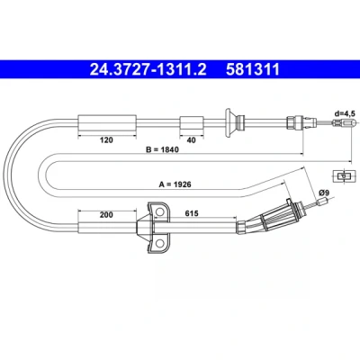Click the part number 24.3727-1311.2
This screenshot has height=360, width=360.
pos(148,69)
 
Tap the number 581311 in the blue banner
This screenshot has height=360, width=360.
pos(253,69)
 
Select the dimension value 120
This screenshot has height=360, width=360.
pos(106,139)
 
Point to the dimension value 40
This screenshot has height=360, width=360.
pos(191,140)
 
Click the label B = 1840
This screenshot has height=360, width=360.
pos(162,149)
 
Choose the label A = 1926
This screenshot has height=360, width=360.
pos(175,184)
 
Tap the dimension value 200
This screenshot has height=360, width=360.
pos(106,214)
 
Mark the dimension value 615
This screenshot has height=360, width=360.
pos(192,213)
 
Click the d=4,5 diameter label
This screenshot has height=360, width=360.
pos(345,113)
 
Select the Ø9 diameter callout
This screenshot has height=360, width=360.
pos(324,193)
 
